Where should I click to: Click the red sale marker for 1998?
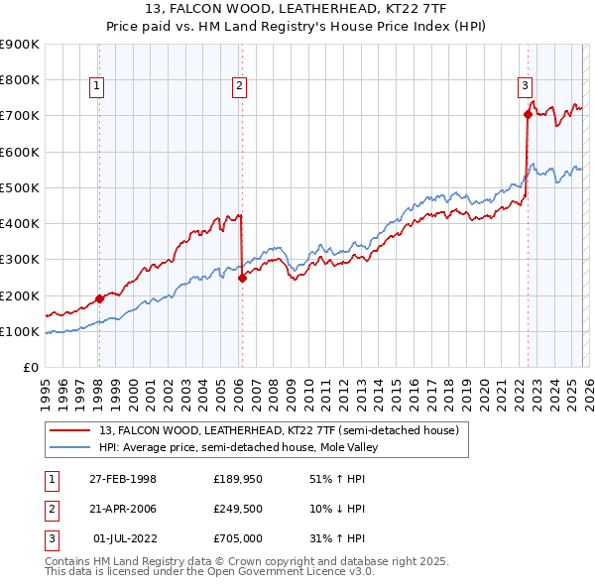tap(99, 297)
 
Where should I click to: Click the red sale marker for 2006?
tap(242, 278)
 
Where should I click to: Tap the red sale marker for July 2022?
tap(528, 114)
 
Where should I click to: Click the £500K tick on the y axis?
tap(20, 187)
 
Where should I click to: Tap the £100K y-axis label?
tap(20, 331)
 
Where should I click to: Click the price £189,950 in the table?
tap(236, 479)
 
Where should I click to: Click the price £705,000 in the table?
tap(236, 538)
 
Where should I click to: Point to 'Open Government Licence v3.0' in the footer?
tap(302, 572)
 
